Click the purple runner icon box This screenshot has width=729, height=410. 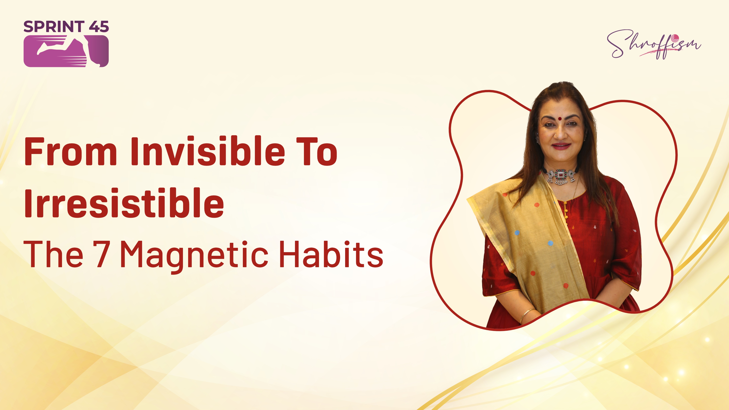click(66, 51)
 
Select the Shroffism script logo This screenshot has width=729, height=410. click(654, 44)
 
